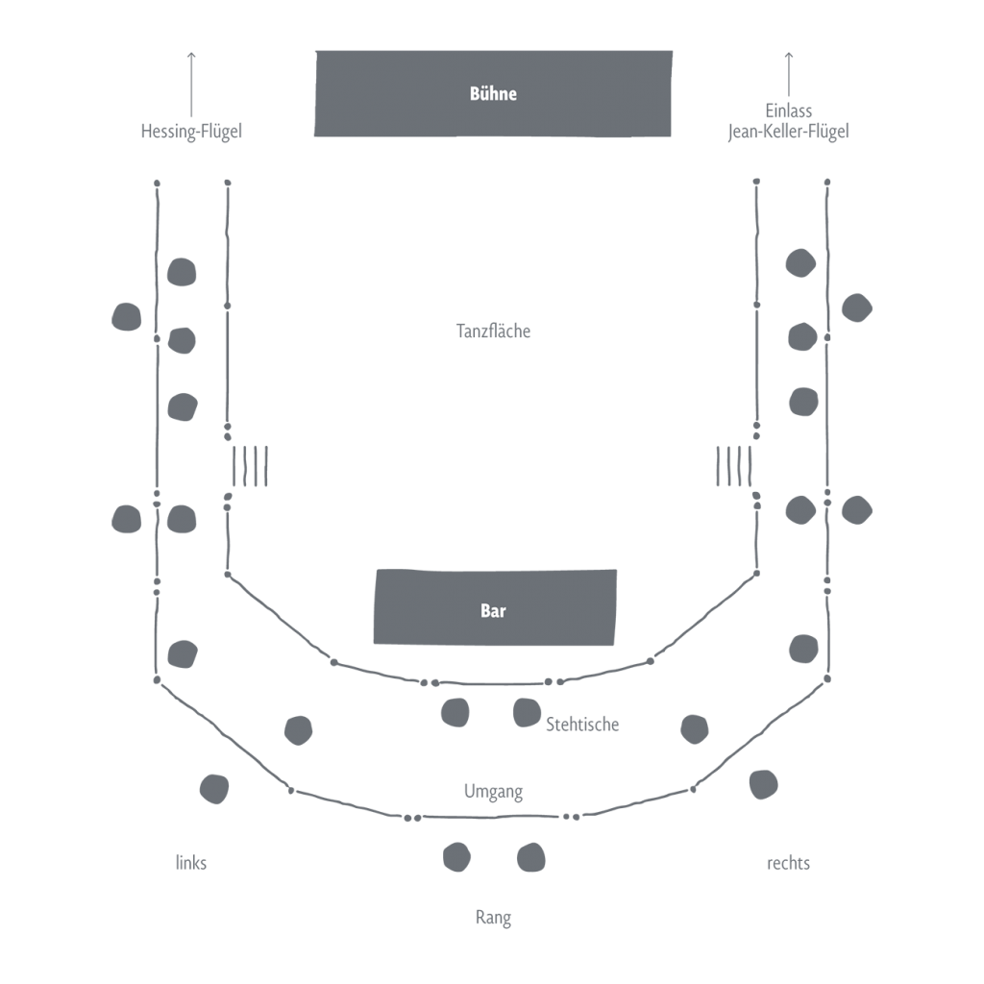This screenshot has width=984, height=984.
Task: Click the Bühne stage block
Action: pos(493,93)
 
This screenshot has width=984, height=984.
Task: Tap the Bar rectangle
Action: pos(494,607)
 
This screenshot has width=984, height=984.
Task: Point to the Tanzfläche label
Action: pos(493,331)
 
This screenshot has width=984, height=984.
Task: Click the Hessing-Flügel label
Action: pos(191,131)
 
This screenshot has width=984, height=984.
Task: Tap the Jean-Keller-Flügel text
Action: pos(789,131)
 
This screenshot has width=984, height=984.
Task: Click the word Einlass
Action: pos(789,111)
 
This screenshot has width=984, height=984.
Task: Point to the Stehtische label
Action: pos(582,724)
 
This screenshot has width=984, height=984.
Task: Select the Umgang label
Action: pos(493,792)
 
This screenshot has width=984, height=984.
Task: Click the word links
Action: pos(191,863)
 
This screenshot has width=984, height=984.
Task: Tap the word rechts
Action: pos(788,863)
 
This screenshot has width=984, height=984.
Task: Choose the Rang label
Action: pos(493,918)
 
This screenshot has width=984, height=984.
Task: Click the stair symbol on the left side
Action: pos(250,466)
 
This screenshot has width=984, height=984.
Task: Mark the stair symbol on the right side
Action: pos(734,466)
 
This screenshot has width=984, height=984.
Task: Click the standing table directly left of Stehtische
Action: pos(527,712)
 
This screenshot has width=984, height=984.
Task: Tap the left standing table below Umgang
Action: pos(456,856)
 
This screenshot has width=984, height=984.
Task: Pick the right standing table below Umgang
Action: pos(531,857)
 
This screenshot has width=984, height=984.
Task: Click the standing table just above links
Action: pos(214,789)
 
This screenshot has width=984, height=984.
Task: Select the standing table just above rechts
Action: pos(763,784)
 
